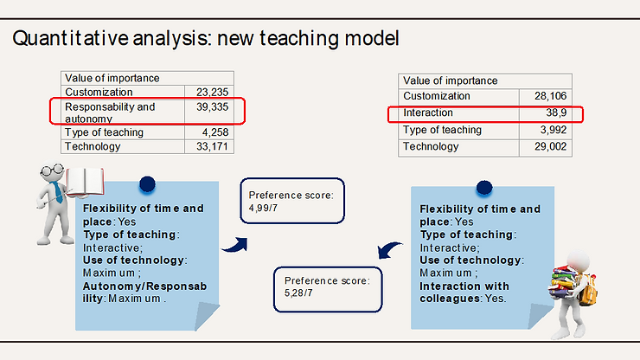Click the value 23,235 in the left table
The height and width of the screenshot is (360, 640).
click(x=212, y=92)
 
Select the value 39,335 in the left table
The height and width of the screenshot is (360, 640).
click(x=212, y=107)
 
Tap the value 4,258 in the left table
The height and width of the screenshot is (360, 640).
click(x=215, y=132)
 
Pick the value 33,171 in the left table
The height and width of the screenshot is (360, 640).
click(x=212, y=146)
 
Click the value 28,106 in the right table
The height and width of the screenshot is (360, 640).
click(x=551, y=96)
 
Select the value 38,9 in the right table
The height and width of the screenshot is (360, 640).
click(x=556, y=112)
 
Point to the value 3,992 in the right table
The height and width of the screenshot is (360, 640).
click(x=554, y=130)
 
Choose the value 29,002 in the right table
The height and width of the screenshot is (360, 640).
click(x=551, y=146)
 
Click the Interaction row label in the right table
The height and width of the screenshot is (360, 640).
click(x=428, y=112)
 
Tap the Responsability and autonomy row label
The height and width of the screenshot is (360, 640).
click(x=110, y=112)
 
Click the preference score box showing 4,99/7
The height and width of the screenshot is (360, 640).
click(x=292, y=201)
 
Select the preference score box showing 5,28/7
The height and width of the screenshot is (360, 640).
click(x=328, y=289)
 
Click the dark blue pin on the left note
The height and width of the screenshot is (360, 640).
click(x=147, y=183)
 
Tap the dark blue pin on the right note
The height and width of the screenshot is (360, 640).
click(x=484, y=188)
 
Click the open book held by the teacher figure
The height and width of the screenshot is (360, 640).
click(x=85, y=182)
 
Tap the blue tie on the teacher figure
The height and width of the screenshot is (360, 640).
click(x=57, y=192)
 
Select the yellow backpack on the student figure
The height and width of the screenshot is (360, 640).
click(x=589, y=291)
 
